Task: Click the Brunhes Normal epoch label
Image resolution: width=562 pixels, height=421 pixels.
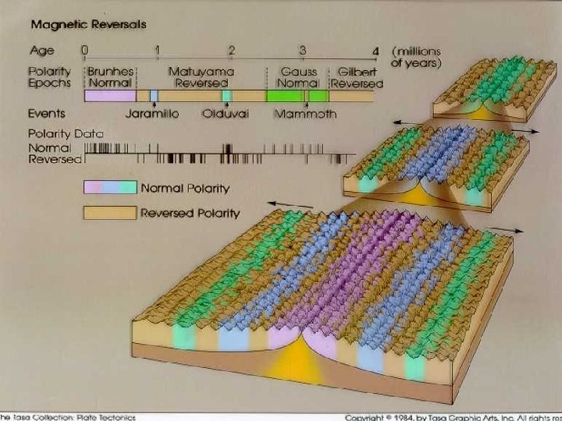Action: pyautogui.click(x=112, y=76)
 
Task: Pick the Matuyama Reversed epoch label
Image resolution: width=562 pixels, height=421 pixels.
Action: pyautogui.click(x=201, y=76)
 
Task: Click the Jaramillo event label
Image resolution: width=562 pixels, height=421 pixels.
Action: pyautogui.click(x=151, y=114)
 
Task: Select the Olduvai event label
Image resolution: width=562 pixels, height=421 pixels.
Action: pyautogui.click(x=225, y=114)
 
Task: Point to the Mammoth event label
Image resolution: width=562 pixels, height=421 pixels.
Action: pyautogui.click(x=305, y=114)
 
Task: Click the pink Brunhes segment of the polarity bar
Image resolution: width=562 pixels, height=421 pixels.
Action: pyautogui.click(x=110, y=96)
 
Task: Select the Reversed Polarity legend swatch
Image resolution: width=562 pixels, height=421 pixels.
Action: pyautogui.click(x=110, y=212)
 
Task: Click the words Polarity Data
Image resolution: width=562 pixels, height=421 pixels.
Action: pyautogui.click(x=66, y=133)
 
